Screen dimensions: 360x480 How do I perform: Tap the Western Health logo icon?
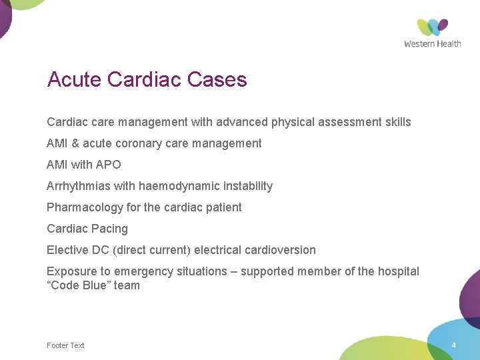click(x=433, y=27)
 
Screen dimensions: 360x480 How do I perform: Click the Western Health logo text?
click(x=433, y=44)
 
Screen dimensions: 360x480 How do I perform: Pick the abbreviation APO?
click(x=108, y=165)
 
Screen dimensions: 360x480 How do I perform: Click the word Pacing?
click(x=109, y=229)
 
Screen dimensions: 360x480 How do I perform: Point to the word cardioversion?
click(x=279, y=250)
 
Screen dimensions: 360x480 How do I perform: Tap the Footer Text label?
click(x=65, y=345)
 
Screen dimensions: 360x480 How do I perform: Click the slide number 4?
click(x=453, y=345)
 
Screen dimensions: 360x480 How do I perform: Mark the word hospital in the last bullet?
click(x=399, y=271)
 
